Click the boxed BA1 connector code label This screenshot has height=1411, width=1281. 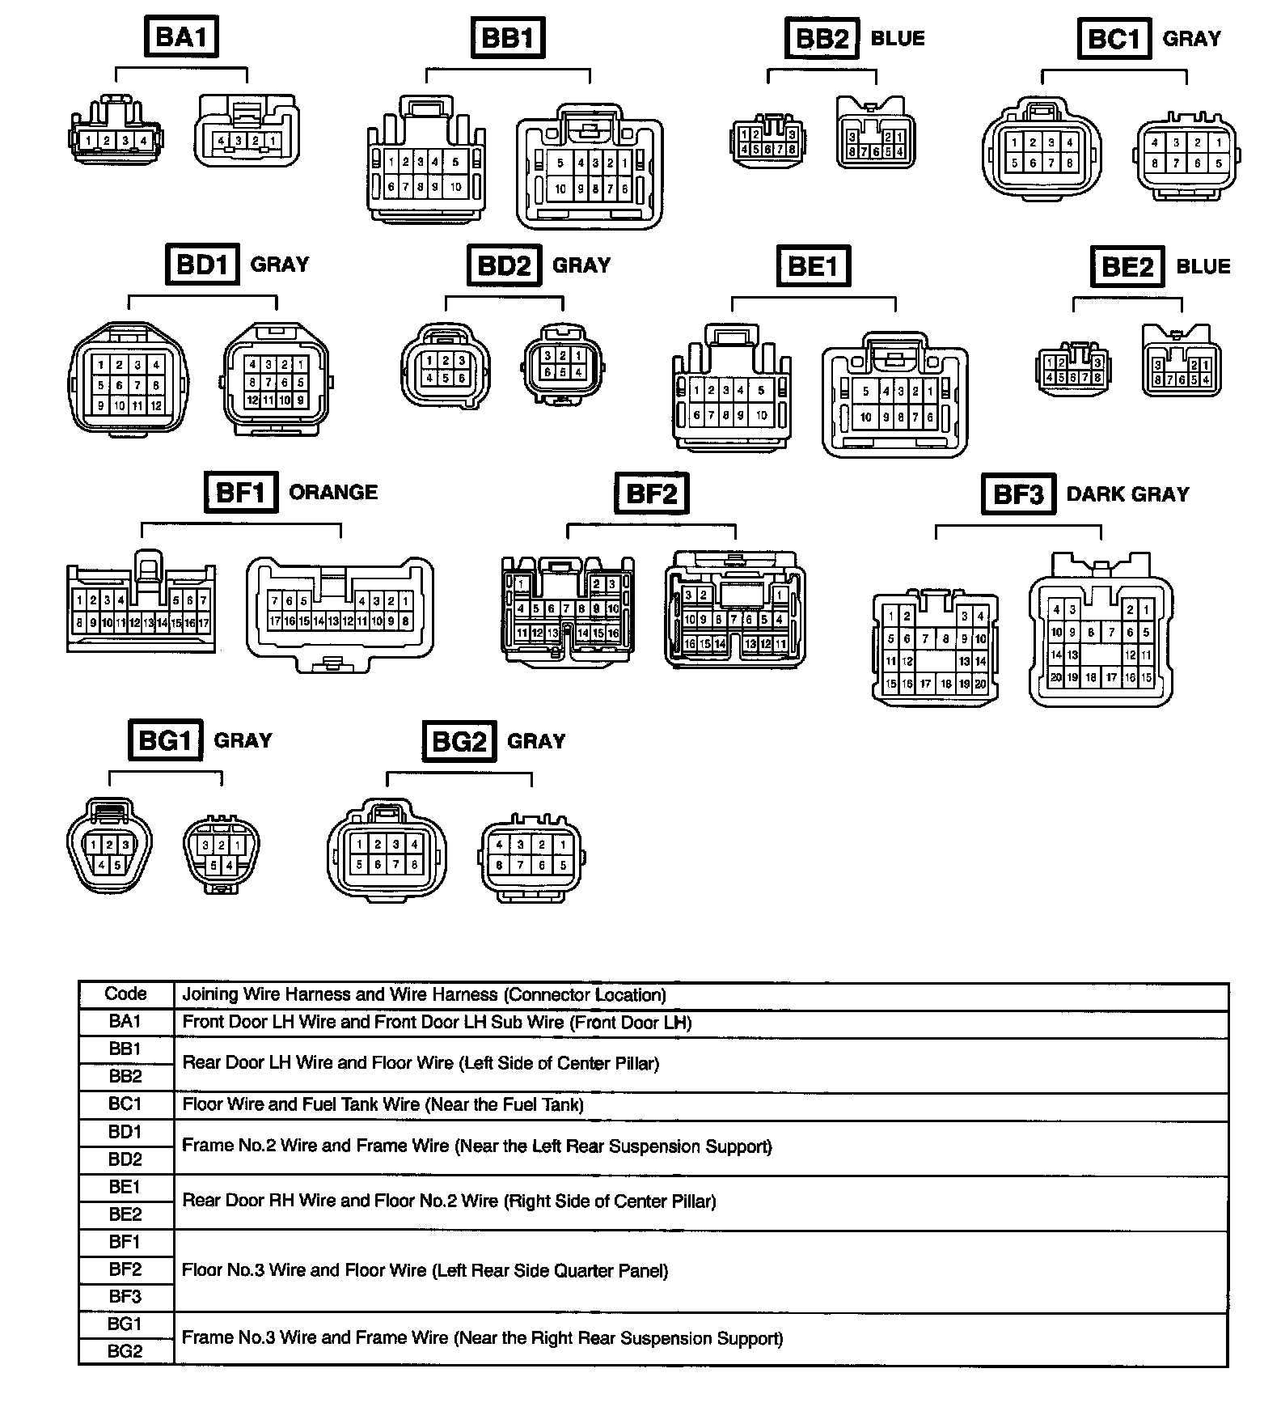pyautogui.click(x=181, y=36)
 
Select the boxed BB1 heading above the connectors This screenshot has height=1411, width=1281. pyautogui.click(x=508, y=38)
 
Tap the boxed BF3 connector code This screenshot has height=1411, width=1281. pyautogui.click(x=1018, y=494)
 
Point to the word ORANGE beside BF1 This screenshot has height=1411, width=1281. pyautogui.click(x=333, y=492)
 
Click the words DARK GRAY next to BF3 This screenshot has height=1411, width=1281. pyautogui.click(x=1127, y=494)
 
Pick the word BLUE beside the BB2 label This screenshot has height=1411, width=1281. pyautogui.click(x=898, y=38)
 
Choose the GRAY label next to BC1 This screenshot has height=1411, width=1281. pyautogui.click(x=1191, y=38)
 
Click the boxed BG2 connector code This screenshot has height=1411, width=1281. pyautogui.click(x=459, y=741)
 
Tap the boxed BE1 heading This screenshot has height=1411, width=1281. pyautogui.click(x=814, y=265)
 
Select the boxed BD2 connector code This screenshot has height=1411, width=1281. pyautogui.click(x=504, y=265)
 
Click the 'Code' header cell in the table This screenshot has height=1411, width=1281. pyautogui.click(x=125, y=994)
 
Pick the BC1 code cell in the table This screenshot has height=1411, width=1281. pyautogui.click(x=125, y=1104)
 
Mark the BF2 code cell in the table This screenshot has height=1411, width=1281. pyautogui.click(x=125, y=1269)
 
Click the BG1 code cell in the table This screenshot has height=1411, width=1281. pyautogui.click(x=125, y=1324)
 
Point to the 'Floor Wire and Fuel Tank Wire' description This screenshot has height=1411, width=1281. pyautogui.click(x=383, y=1104)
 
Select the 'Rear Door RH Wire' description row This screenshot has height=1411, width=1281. pyautogui.click(x=449, y=1201)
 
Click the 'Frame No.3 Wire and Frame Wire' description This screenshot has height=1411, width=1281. pyautogui.click(x=482, y=1338)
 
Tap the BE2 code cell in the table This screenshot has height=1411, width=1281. pyautogui.click(x=125, y=1214)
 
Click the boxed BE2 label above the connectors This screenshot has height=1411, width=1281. pyautogui.click(x=1127, y=266)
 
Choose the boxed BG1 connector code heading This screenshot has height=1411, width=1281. pyautogui.click(x=165, y=739)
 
